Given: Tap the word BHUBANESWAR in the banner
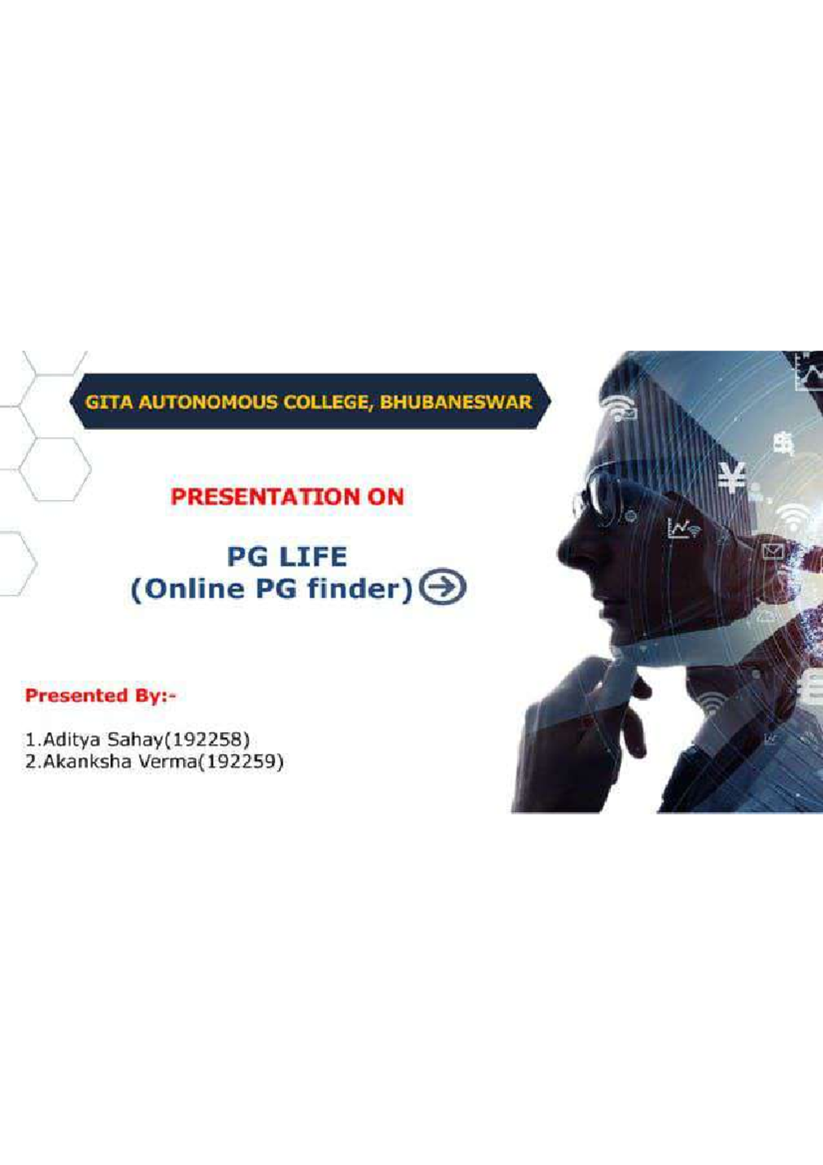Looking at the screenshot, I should coord(455,402).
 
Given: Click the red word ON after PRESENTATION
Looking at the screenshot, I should coord(385,497).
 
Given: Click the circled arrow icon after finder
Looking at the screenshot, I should coord(442,587).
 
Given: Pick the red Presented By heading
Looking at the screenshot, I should coord(101,696).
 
